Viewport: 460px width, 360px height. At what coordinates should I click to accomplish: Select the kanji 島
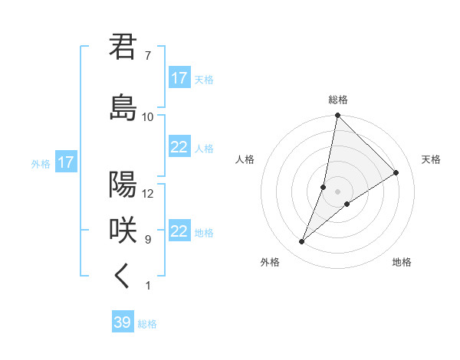click(123, 107)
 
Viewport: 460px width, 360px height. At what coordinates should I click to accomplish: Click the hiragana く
click(123, 277)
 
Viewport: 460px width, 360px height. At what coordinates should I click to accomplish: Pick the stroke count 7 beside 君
click(147, 56)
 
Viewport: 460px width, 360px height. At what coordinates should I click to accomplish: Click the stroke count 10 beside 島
click(148, 117)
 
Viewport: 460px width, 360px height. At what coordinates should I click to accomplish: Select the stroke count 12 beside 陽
click(148, 194)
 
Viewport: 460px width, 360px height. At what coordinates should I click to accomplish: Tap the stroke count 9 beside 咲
click(147, 240)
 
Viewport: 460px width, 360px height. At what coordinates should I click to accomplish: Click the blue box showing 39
click(123, 322)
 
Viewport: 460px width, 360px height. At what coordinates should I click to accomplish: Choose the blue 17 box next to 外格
click(65, 162)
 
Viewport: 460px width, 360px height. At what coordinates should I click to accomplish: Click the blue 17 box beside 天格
click(179, 78)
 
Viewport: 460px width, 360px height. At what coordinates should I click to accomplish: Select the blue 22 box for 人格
click(179, 147)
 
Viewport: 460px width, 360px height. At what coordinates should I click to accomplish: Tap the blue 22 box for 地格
click(179, 231)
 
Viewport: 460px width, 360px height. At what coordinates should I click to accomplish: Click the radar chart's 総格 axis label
click(338, 100)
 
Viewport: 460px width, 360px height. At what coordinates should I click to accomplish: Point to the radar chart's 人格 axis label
click(245, 159)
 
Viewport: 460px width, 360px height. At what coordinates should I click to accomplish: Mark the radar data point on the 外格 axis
click(302, 242)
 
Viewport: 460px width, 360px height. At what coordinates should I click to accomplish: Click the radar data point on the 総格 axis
click(337, 116)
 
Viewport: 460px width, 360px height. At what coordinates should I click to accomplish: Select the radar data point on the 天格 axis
click(396, 172)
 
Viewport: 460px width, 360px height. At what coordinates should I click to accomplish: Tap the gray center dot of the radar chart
click(337, 191)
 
